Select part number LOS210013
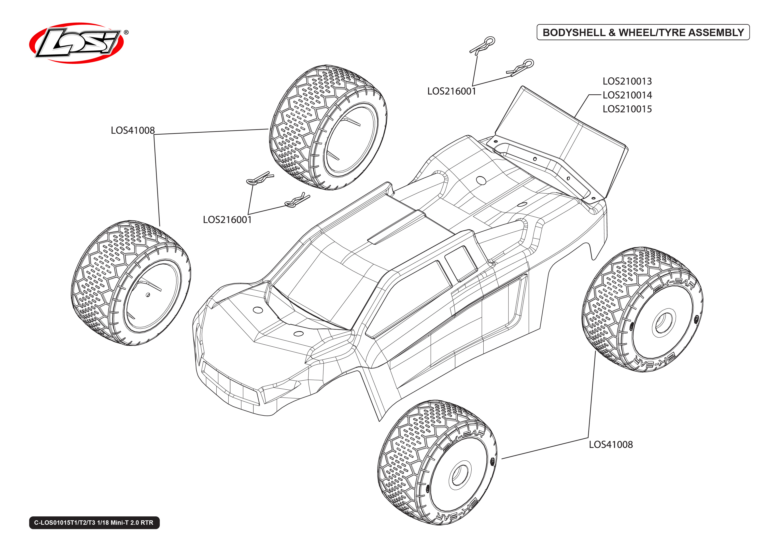pyautogui.click(x=627, y=81)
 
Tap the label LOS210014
pyautogui.click(x=627, y=95)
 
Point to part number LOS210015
pyautogui.click(x=627, y=109)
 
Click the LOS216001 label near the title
pyautogui.click(x=451, y=91)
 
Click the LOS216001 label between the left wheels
pyautogui.click(x=227, y=220)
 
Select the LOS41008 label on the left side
pyautogui.click(x=133, y=130)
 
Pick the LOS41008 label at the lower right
pyautogui.click(x=611, y=444)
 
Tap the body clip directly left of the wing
pyautogui.click(x=521, y=67)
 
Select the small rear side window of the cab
pyautogui.click(x=461, y=263)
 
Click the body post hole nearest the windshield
pyautogui.click(x=258, y=310)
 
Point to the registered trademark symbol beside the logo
pyautogui.click(x=126, y=32)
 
